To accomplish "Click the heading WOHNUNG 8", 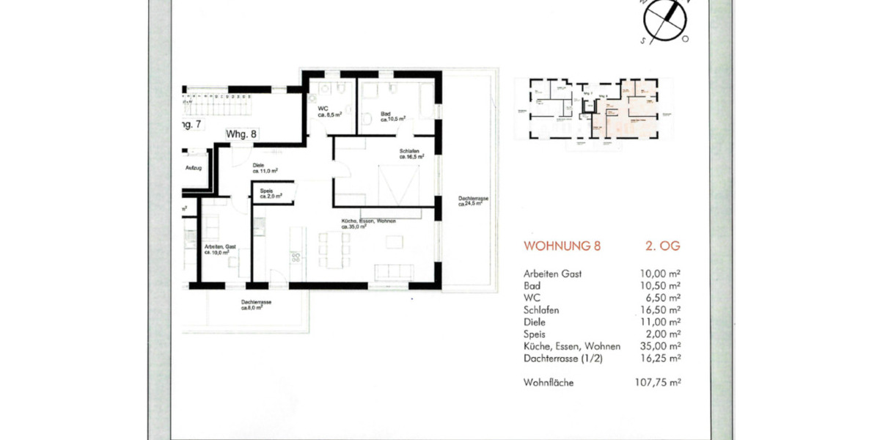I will point(562,246).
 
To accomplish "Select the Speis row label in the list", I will point(535,334).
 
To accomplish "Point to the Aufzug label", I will point(193,168).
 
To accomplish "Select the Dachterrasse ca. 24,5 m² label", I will point(470,201).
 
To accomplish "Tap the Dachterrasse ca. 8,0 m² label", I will point(252,305).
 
